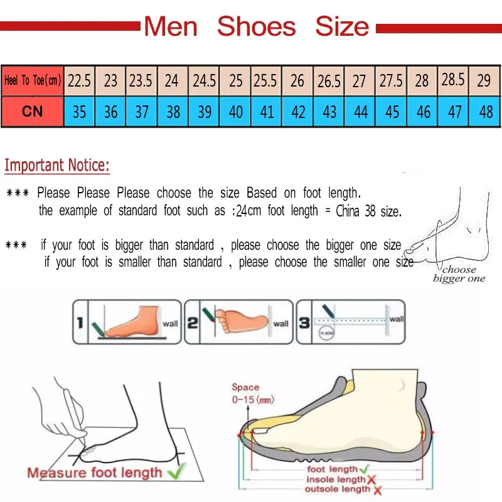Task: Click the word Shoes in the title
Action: [256, 26]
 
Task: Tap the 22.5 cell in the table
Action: [80, 80]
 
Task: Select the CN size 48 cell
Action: [486, 112]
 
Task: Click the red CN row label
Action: [32, 111]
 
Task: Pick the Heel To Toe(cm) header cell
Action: [32, 80]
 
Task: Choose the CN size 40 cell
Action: [236, 112]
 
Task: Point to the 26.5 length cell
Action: [329, 80]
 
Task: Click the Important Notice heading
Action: [57, 166]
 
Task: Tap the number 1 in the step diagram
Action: [80, 323]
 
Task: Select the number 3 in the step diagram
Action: [304, 323]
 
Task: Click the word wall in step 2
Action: [280, 323]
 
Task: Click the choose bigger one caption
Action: [459, 274]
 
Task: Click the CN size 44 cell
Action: [361, 112]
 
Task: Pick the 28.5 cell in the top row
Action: [454, 80]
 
